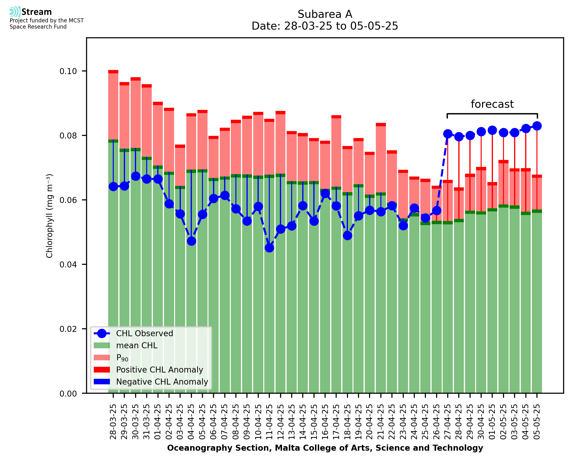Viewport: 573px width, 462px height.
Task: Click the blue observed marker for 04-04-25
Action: click(x=191, y=241)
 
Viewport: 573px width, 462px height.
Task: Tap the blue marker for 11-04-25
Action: click(x=269, y=248)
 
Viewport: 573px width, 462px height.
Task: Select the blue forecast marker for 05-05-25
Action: click(x=537, y=126)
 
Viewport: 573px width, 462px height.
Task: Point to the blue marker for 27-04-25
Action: click(x=448, y=134)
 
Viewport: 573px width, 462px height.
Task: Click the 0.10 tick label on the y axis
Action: click(x=68, y=71)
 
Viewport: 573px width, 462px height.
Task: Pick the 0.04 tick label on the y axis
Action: click(x=68, y=265)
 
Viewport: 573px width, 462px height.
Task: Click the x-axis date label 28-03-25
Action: click(x=113, y=422)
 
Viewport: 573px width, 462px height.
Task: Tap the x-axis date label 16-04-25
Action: click(x=325, y=422)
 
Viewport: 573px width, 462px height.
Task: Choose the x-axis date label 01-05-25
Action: click(x=492, y=422)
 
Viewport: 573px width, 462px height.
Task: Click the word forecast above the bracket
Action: click(x=492, y=104)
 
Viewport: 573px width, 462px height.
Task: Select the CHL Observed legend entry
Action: click(x=145, y=334)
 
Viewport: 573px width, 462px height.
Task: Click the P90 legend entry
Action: click(x=122, y=358)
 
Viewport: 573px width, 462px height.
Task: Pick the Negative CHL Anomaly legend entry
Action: click(x=162, y=382)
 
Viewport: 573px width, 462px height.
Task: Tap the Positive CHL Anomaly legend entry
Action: click(x=159, y=370)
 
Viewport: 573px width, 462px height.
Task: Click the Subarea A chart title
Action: click(x=325, y=14)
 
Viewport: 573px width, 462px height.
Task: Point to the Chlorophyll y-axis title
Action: click(x=50, y=216)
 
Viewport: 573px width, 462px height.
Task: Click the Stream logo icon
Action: click(x=15, y=12)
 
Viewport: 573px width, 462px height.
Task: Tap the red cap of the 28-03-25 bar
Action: click(x=113, y=72)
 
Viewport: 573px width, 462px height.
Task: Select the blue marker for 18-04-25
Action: click(x=347, y=235)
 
